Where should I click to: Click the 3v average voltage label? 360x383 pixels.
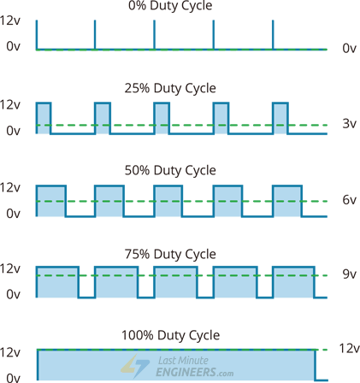click(x=349, y=124)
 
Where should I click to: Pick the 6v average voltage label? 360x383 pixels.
click(x=349, y=200)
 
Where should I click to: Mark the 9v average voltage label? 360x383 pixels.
click(x=349, y=274)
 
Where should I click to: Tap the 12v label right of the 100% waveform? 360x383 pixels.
click(x=349, y=349)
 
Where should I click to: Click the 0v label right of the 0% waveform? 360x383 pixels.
click(x=349, y=49)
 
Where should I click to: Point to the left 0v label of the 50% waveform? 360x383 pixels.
click(x=12, y=214)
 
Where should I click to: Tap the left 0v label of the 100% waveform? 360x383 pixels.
click(x=12, y=376)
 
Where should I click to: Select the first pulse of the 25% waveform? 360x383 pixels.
click(x=44, y=118)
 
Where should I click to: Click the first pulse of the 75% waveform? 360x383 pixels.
click(x=57, y=281)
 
